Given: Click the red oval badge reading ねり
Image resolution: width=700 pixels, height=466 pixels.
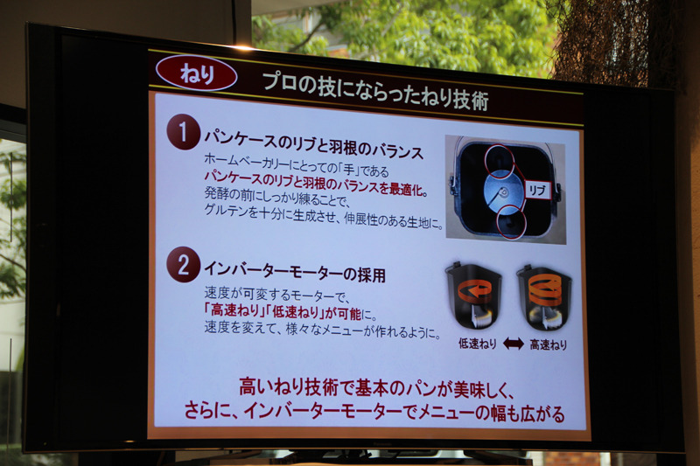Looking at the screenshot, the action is [x=196, y=73].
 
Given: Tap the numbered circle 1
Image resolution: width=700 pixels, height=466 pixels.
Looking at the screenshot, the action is [x=183, y=131].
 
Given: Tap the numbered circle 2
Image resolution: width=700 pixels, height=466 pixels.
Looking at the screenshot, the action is [x=183, y=264].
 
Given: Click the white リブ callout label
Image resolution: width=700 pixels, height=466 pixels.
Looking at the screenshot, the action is [x=537, y=191].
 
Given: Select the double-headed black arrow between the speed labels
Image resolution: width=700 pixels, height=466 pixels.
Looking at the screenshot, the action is [x=513, y=344].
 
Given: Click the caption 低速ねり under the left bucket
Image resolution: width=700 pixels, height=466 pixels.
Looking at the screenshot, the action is [x=477, y=343].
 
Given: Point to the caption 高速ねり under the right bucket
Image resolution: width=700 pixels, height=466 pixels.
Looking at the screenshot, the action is [x=549, y=344].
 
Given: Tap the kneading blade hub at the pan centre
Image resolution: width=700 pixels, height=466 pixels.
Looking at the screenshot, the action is [x=504, y=192].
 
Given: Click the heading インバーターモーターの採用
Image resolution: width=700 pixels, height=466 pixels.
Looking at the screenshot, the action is [x=295, y=271].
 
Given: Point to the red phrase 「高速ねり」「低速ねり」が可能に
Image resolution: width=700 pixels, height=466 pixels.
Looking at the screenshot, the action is [x=290, y=311].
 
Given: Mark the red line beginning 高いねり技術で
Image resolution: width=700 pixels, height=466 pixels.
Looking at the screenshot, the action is [x=377, y=387].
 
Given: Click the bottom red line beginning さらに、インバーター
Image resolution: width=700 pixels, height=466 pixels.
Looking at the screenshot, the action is [x=374, y=412].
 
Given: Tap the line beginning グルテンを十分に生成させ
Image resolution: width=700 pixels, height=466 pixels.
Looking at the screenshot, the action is [x=324, y=216].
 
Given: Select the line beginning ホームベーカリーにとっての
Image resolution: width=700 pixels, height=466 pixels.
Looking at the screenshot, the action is [x=297, y=164].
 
